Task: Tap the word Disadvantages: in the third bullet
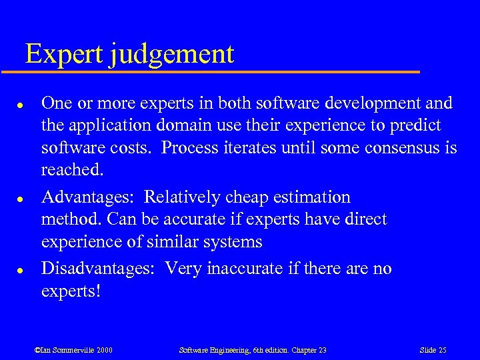100,269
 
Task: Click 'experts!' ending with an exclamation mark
71,292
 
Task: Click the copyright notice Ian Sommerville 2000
73,350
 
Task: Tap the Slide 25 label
433,350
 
